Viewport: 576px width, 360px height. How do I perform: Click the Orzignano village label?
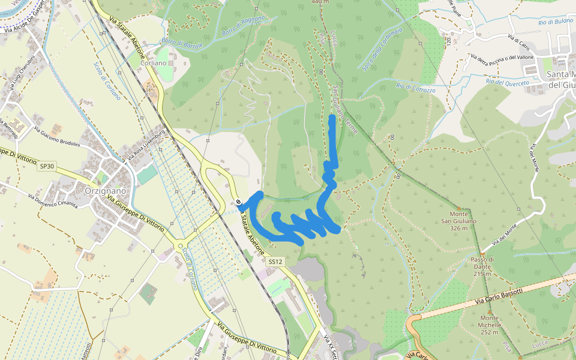[x=101, y=191]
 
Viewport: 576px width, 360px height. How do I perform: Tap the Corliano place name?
[x=153, y=63]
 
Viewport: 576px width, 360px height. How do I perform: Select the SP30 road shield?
[x=47, y=166]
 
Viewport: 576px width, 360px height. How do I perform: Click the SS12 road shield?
[x=275, y=262]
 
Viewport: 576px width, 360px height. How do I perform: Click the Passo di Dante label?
[x=482, y=266]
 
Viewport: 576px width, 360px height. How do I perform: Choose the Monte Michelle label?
[x=490, y=325]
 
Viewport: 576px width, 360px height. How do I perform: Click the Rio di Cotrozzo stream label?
[x=416, y=86]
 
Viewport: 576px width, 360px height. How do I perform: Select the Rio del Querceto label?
[x=508, y=82]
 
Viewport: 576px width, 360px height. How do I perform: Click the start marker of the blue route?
[x=239, y=202]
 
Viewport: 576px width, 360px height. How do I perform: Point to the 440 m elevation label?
[x=321, y=2]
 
